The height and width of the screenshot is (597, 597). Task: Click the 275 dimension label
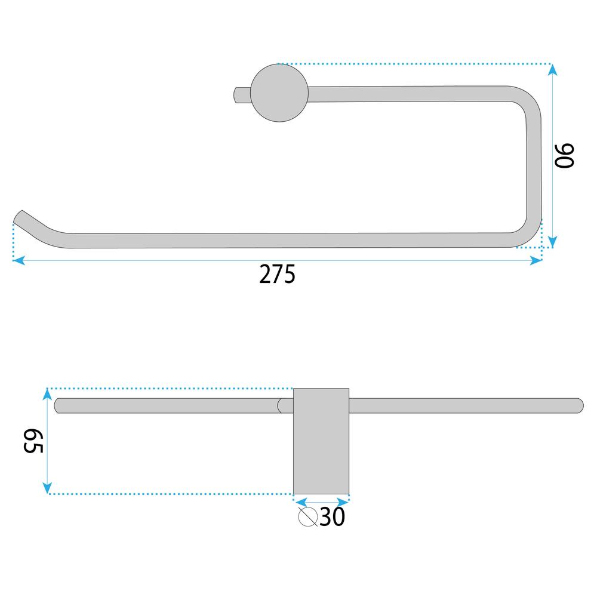coord(278,275)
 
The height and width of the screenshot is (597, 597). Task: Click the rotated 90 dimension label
coord(565,156)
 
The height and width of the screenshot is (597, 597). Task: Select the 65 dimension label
coord(33,440)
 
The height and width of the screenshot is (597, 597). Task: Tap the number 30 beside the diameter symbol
coord(333,518)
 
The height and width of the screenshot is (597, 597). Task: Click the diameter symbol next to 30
coord(307,517)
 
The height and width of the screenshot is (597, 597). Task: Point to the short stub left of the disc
coord(241,94)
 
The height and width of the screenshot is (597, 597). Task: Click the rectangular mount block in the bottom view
coord(321,441)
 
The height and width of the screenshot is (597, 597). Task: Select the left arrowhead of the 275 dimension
coord(18,260)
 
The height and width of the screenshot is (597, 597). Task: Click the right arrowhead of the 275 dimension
coord(536,260)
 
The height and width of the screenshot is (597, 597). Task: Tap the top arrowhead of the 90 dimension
coord(552,70)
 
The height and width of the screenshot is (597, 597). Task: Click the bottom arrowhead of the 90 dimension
coord(552,241)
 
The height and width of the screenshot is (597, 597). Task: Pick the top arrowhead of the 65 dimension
coord(48,395)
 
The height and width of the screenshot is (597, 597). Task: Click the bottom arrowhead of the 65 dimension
coord(48,488)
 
